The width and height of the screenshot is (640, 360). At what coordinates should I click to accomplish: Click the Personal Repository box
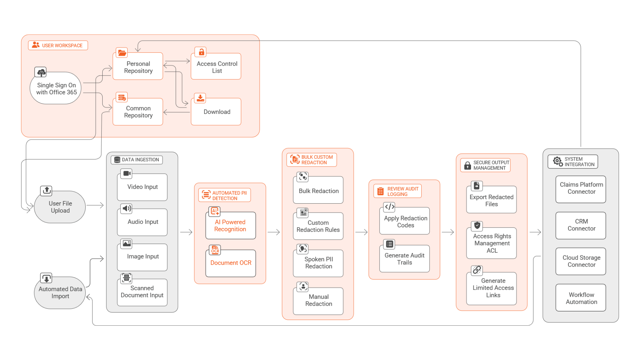pos(138,67)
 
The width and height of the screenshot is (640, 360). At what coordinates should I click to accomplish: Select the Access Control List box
pos(216,67)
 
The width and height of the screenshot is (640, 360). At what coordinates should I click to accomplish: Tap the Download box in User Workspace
pos(216,112)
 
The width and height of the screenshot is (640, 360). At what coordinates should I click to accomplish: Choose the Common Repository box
pos(138,112)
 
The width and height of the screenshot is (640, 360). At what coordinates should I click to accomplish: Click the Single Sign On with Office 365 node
pos(56,89)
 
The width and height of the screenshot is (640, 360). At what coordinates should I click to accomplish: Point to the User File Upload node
pos(60,207)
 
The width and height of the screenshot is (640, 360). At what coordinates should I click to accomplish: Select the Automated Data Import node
pos(60,293)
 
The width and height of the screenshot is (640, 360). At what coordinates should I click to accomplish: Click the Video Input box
pos(142,187)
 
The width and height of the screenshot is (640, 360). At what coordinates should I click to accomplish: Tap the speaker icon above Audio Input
pos(126,209)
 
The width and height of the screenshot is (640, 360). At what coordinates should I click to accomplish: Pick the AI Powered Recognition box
pos(230,226)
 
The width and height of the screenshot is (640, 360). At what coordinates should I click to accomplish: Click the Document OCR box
pos(231,263)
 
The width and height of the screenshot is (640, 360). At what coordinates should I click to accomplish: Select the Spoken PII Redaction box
pos(318,263)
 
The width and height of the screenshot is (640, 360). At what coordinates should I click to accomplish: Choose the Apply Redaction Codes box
pos(405,222)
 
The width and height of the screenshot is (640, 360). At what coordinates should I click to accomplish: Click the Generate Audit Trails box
pos(404,259)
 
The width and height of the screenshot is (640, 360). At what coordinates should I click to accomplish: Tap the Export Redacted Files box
pos(491,201)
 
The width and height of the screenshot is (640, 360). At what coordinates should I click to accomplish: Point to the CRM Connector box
pos(581,225)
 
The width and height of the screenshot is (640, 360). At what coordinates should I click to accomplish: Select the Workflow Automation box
pos(581,298)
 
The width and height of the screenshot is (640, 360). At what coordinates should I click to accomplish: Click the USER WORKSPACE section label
pos(58,45)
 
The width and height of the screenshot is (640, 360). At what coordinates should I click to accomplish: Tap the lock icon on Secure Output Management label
pos(468,165)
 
